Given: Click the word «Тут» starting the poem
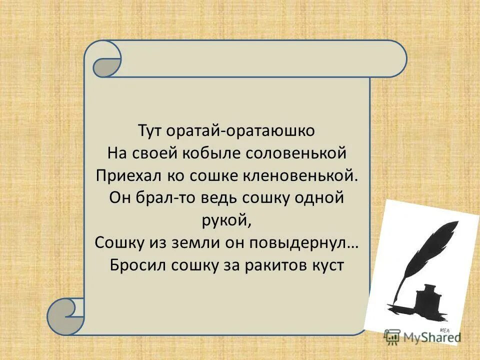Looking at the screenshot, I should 150,131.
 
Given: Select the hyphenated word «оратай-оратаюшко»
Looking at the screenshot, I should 241,131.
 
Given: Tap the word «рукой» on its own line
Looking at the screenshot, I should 227,219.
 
